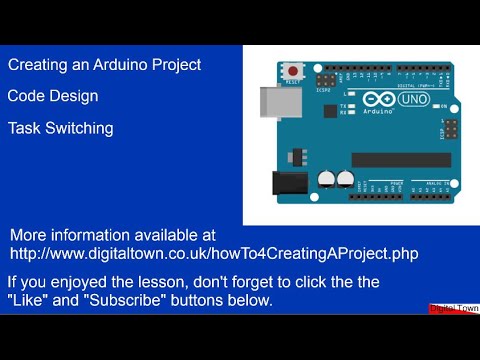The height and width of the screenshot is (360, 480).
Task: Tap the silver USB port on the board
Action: [x=275, y=102]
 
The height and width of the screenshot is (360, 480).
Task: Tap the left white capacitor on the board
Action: [x=326, y=178]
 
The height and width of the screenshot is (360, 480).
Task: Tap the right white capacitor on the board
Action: [x=346, y=178]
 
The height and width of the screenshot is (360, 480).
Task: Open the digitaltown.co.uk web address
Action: [x=213, y=255]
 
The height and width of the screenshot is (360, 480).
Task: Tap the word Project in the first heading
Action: [x=176, y=65]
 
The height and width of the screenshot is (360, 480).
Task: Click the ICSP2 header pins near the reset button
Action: [x=325, y=78]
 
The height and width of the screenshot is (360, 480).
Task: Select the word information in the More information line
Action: [x=97, y=235]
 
